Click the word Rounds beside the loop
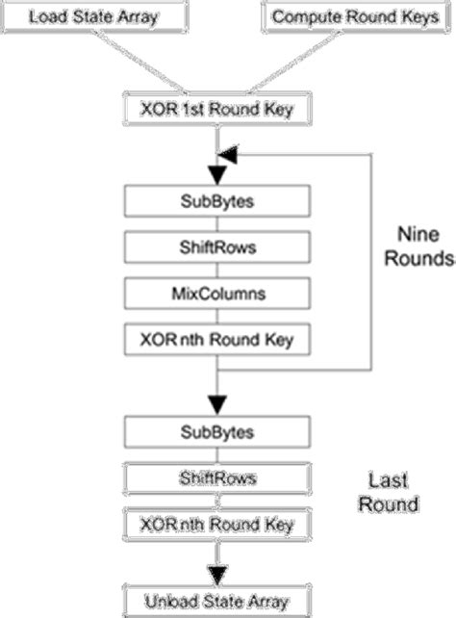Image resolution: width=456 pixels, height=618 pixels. tap(424, 259)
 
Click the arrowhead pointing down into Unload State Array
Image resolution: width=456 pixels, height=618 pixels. tap(217, 572)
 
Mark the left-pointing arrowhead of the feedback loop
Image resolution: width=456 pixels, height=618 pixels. tap(228, 153)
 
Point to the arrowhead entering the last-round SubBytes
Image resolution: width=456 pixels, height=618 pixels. tap(217, 403)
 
